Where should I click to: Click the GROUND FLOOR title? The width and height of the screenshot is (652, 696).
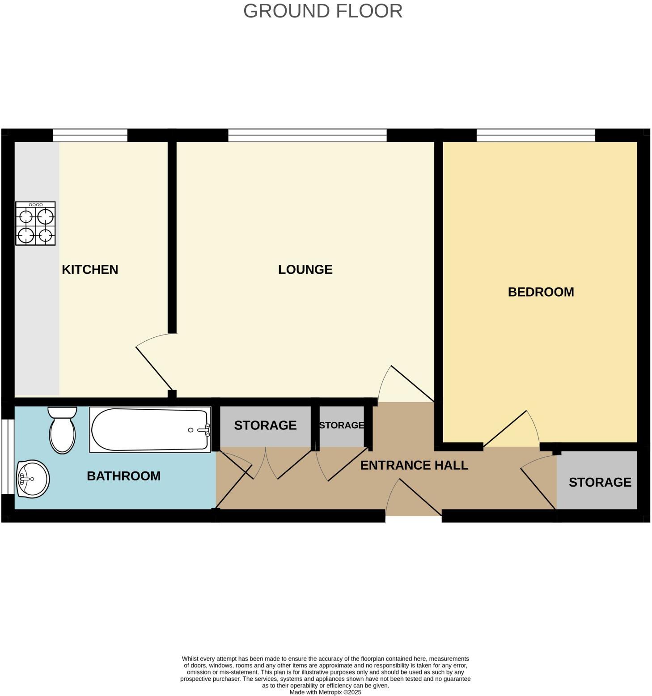click(322, 11)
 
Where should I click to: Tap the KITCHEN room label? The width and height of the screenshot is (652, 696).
click(90, 269)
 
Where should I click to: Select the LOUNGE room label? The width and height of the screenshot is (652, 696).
click(305, 269)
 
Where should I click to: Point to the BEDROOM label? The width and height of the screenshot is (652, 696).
click(541, 292)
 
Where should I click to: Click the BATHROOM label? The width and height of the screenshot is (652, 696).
click(123, 476)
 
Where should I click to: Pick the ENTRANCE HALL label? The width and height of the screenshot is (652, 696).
click(414, 465)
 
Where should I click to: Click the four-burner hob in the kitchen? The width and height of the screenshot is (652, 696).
click(35, 223)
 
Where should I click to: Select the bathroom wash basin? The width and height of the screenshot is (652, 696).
click(32, 479)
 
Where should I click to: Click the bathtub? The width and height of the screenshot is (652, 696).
click(150, 429)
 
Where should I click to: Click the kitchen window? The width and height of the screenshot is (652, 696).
click(90, 135)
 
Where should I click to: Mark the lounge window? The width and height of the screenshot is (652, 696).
click(307, 135)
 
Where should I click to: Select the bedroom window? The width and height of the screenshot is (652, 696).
click(536, 135)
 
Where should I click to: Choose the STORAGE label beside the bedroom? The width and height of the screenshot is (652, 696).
click(600, 482)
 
